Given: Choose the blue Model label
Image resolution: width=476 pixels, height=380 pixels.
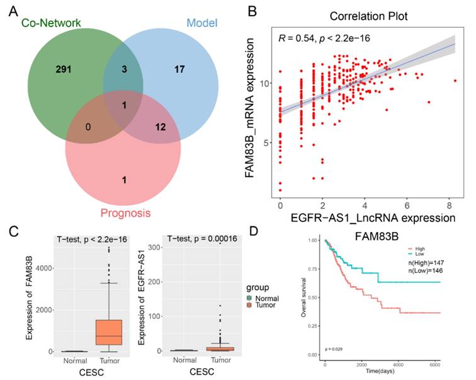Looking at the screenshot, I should (x=202, y=23).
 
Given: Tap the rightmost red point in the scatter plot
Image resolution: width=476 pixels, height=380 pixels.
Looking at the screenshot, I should (x=455, y=81).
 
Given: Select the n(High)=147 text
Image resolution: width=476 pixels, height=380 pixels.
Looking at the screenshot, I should (x=422, y=259).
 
